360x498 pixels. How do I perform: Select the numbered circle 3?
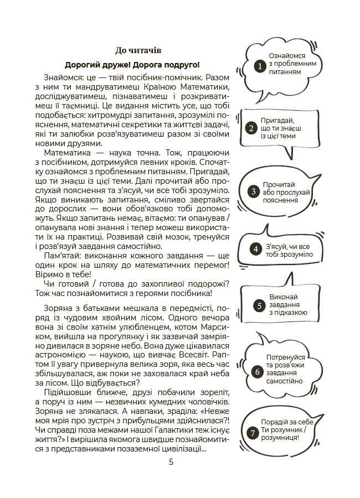tap(254, 191)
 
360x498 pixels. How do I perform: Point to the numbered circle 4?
tap(256, 249)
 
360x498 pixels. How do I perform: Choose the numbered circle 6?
tap(257, 372)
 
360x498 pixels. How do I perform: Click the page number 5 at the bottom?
tap(171, 462)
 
